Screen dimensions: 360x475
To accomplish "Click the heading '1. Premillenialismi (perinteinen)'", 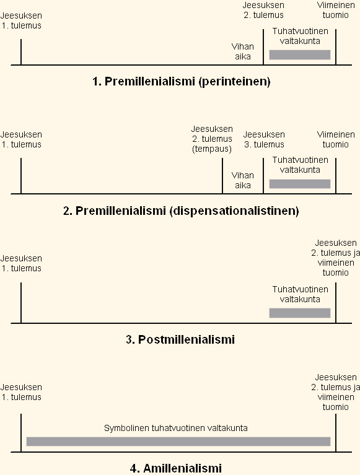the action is click(181, 82).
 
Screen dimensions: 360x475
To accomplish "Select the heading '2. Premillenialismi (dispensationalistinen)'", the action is click(181, 211).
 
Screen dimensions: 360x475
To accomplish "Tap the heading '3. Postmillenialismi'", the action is click(180, 339).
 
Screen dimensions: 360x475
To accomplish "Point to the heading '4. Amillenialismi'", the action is click(176, 468).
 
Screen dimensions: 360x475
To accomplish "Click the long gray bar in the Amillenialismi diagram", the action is click(178, 442).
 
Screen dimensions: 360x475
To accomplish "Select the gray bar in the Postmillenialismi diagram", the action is click(300, 313).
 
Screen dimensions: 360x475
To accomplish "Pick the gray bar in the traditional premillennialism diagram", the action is click(300, 55).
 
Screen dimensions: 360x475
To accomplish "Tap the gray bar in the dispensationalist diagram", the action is click(300, 184).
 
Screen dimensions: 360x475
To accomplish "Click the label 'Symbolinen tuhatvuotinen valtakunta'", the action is click(176, 428).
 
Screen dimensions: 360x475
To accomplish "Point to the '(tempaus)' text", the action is click(212, 149).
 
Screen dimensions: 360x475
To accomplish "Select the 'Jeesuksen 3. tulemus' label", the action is click(264, 139).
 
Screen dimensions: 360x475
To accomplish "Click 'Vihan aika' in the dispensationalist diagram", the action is click(243, 180).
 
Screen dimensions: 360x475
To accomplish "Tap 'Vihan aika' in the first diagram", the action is click(243, 51).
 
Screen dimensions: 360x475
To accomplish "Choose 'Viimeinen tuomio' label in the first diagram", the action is click(336, 10).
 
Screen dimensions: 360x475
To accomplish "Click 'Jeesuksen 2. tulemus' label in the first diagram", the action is click(263, 10).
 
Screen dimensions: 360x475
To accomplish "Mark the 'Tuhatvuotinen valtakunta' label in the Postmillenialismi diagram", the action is click(300, 294).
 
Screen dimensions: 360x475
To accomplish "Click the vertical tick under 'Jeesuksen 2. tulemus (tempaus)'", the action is click(222, 176).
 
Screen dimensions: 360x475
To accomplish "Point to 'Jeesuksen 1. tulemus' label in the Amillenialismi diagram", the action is click(21, 392).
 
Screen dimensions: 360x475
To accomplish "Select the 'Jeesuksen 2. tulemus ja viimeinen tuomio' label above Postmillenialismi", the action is click(335, 258).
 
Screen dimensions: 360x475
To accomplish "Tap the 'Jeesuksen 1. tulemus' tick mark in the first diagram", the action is click(21, 52).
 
